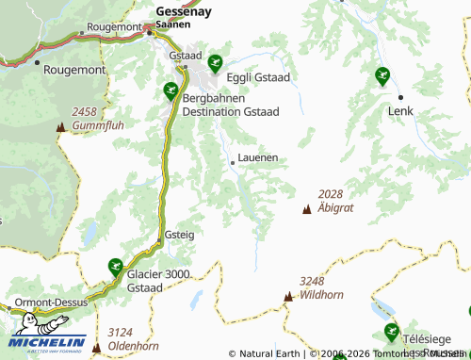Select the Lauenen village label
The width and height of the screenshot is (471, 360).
258,158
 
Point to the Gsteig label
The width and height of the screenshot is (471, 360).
179,234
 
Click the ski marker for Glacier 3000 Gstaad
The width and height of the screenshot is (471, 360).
115,266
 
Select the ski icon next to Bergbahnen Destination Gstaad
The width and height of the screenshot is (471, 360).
171,90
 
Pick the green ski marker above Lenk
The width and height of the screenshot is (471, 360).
382,75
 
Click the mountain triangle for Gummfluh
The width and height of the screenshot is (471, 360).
61,126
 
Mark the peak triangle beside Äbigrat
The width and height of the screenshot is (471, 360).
306,208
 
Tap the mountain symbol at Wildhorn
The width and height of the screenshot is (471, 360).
288,297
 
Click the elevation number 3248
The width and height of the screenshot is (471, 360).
313,281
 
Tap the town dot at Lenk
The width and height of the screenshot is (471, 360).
400,97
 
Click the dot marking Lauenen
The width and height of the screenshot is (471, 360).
233,163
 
